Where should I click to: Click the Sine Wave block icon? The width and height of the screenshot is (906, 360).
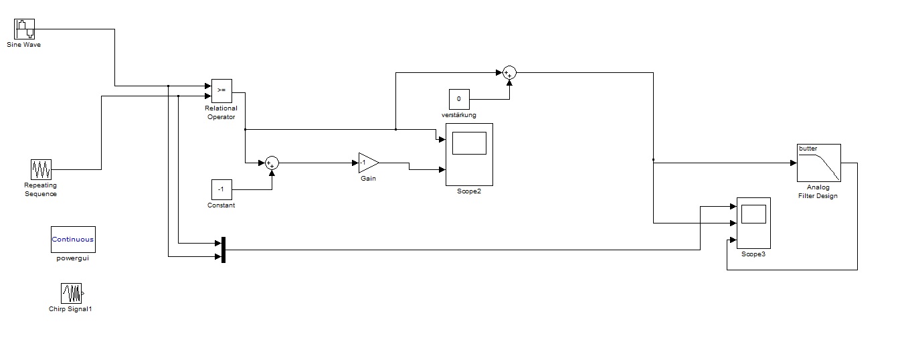pyautogui.click(x=24, y=29)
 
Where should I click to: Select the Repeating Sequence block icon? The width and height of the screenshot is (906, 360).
pyautogui.click(x=41, y=169)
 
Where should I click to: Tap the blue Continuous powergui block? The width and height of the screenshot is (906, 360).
pyautogui.click(x=73, y=239)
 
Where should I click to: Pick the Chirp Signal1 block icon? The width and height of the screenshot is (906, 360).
pyautogui.click(x=72, y=293)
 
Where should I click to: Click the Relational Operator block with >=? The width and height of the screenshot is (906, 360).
pyautogui.click(x=221, y=90)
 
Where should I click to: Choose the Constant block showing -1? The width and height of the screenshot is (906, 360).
pyautogui.click(x=221, y=190)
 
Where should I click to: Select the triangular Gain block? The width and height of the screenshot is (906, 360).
pyautogui.click(x=367, y=163)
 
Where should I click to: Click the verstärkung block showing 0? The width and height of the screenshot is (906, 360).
pyautogui.click(x=459, y=99)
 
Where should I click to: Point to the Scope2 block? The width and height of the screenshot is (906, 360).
pyautogui.click(x=469, y=155)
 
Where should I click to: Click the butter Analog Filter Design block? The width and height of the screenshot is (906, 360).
pyautogui.click(x=818, y=163)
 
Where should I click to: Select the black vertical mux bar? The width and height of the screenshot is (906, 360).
pyautogui.click(x=223, y=250)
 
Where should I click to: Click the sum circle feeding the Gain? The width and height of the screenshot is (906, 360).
pyautogui.click(x=272, y=163)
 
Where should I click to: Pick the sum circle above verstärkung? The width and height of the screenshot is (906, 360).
pyautogui.click(x=509, y=72)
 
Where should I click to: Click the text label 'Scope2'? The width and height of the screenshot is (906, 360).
pyautogui.click(x=469, y=191)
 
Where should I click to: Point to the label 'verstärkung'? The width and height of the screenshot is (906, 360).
pyautogui.click(x=459, y=115)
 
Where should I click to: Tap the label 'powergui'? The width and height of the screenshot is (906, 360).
pyautogui.click(x=72, y=258)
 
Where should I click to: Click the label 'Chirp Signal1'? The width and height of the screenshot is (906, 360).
pyautogui.click(x=70, y=309)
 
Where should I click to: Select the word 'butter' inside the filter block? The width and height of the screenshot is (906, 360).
pyautogui.click(x=808, y=149)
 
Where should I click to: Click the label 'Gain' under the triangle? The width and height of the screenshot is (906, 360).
pyautogui.click(x=368, y=179)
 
